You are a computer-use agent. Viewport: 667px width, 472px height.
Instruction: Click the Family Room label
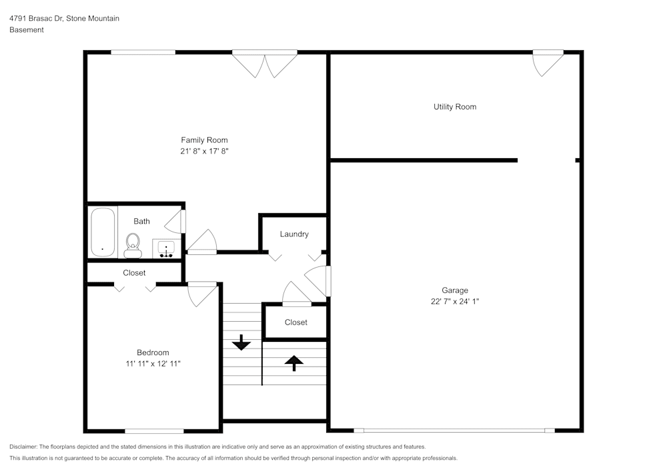204,140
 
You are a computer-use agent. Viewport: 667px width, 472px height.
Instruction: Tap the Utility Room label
455,107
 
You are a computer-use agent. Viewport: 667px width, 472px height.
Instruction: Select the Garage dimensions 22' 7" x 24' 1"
455,301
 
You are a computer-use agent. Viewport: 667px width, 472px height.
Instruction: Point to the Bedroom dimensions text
153,364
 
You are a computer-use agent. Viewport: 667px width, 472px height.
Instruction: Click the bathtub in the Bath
103,232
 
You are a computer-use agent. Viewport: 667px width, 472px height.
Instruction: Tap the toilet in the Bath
133,244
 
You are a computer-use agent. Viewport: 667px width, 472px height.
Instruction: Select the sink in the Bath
165,248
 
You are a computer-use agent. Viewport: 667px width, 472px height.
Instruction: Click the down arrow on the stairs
241,342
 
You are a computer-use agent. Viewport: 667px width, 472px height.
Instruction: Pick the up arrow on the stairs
293,363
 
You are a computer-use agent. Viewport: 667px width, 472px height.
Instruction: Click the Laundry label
294,234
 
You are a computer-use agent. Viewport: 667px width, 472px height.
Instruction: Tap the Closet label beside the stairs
295,322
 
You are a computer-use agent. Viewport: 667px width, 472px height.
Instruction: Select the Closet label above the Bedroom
134,273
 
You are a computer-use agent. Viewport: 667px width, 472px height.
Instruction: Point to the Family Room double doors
265,63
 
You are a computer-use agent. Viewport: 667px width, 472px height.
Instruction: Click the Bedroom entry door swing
201,294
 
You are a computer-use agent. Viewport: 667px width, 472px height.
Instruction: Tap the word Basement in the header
27,30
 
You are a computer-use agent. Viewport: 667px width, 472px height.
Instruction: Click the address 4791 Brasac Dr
36,19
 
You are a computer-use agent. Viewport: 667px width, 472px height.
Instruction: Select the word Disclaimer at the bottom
23,447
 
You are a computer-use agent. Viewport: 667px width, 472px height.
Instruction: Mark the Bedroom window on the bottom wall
154,431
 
